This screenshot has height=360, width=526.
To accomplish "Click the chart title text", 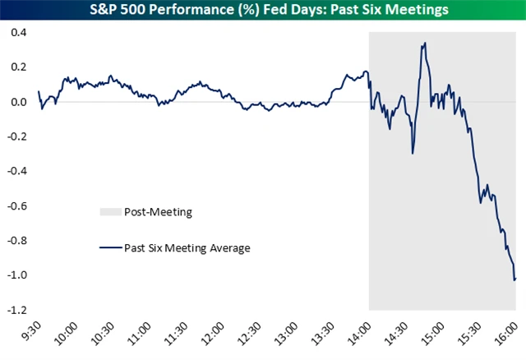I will pos(263,9).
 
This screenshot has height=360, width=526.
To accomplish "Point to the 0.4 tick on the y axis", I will pos(18,33).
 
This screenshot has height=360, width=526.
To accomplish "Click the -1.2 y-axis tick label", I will pos(16,310).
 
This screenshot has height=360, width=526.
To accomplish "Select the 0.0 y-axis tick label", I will pos(18,102).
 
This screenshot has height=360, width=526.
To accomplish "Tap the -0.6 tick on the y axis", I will pos(16,206).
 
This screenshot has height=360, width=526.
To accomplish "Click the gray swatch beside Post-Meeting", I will pos(110,212).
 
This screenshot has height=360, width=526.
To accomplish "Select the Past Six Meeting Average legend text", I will pos(186,247).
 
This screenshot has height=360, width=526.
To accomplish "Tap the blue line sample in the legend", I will pos(110,247).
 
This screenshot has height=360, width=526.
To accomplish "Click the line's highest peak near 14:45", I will pos(424,44).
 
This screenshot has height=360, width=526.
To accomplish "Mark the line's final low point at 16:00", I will pos(514,279).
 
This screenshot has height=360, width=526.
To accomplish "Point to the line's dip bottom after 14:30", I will pos(412,153).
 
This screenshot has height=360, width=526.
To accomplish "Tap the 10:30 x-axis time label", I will pos(103,335).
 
